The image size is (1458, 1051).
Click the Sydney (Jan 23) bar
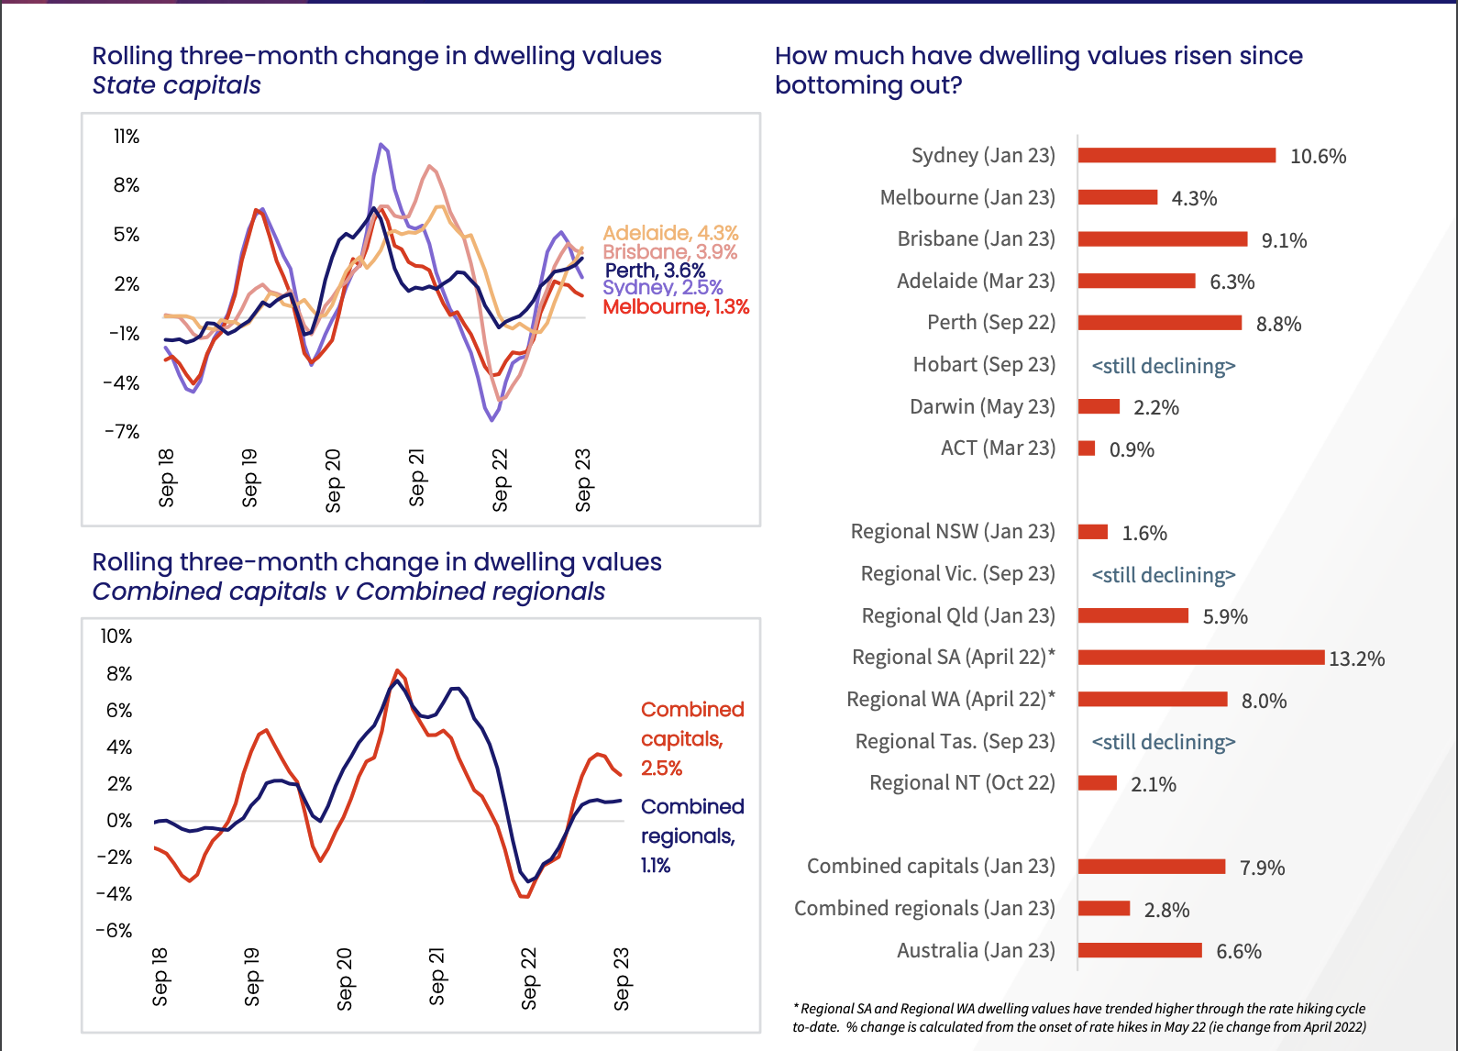(x=1176, y=156)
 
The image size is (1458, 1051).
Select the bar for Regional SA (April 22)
(x=1201, y=658)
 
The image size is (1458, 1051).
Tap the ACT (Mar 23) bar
(x=1087, y=448)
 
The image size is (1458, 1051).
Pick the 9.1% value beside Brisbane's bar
(x=1284, y=240)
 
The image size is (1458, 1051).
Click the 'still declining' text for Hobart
(x=1163, y=366)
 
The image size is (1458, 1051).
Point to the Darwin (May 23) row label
(x=982, y=406)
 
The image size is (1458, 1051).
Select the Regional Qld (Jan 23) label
(x=958, y=615)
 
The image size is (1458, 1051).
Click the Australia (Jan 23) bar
(x=1140, y=950)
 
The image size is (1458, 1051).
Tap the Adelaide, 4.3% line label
(x=670, y=233)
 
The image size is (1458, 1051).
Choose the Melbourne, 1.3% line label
(x=676, y=306)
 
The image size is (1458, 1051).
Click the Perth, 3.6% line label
(x=655, y=271)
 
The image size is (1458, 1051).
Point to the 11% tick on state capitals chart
(x=127, y=137)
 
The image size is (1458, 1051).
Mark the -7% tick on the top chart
(x=122, y=431)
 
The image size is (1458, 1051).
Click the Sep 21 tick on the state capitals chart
(x=416, y=477)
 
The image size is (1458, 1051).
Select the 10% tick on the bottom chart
(x=116, y=636)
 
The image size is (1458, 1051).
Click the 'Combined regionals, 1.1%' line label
(x=691, y=835)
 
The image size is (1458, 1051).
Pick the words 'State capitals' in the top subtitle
(x=176, y=85)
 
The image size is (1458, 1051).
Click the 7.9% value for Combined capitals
(x=1262, y=868)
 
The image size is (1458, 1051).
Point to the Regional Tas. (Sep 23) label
(x=955, y=741)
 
